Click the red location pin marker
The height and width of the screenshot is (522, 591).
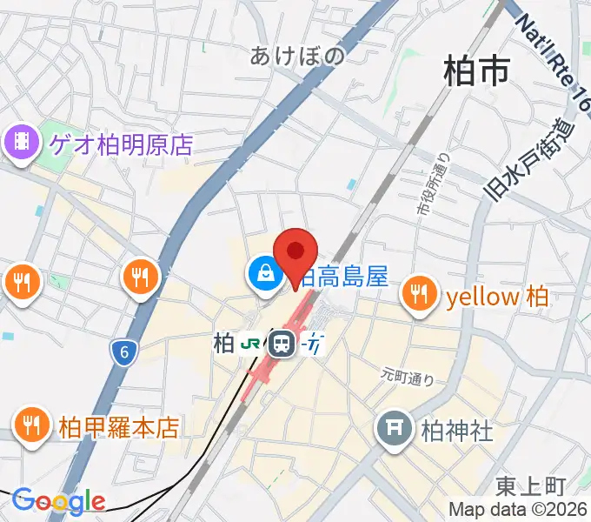(x=295, y=253)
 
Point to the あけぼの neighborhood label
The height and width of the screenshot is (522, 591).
(x=297, y=56)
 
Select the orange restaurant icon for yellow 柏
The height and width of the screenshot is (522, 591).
(x=421, y=293)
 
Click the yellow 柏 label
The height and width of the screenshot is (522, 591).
(x=496, y=297)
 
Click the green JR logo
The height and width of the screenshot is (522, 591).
(x=251, y=345)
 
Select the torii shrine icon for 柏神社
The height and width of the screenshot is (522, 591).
(x=395, y=429)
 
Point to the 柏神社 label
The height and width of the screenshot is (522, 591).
(x=457, y=430)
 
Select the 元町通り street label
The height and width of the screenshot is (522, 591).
(x=407, y=376)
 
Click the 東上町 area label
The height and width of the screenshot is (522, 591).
(x=532, y=485)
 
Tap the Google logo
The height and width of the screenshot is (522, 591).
(x=58, y=500)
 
